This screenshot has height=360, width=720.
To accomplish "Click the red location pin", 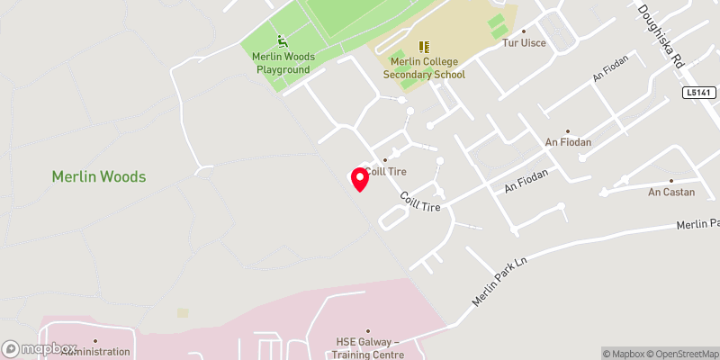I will pyautogui.click(x=359, y=178).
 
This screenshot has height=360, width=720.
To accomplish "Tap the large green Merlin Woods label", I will pyautogui.click(x=99, y=177).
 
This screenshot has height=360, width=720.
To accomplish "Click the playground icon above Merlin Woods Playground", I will pyautogui.click(x=283, y=40).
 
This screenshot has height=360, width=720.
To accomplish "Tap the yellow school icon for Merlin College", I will pyautogui.click(x=425, y=46).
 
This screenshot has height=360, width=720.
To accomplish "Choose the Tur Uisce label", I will pyautogui.click(x=524, y=43).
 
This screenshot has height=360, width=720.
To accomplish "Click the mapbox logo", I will pyautogui.click(x=40, y=348).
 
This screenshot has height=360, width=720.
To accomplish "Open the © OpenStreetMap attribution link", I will pyautogui.click(x=679, y=354).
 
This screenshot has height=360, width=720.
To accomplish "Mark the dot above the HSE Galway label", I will pyautogui.click(x=367, y=330).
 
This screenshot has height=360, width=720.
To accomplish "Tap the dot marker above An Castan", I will pyautogui.click(x=670, y=180).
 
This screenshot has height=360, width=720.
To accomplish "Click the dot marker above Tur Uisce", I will pyautogui.click(x=523, y=31).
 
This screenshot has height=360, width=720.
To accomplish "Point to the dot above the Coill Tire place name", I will pyautogui.click(x=385, y=160).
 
